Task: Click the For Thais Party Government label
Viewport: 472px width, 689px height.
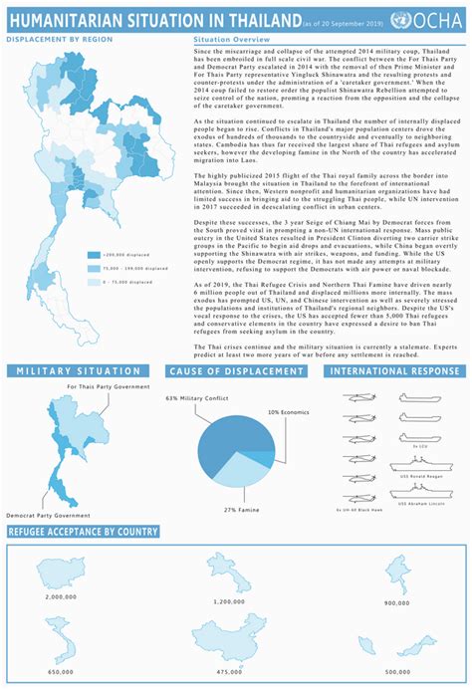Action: click(x=108, y=386)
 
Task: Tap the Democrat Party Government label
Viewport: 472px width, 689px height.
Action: click(x=56, y=515)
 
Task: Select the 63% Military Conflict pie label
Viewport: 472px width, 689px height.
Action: click(x=198, y=397)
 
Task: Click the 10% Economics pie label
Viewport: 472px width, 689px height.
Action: click(x=289, y=410)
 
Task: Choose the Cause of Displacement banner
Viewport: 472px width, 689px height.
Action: click(x=236, y=371)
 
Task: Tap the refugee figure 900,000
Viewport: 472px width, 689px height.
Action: click(x=396, y=602)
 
